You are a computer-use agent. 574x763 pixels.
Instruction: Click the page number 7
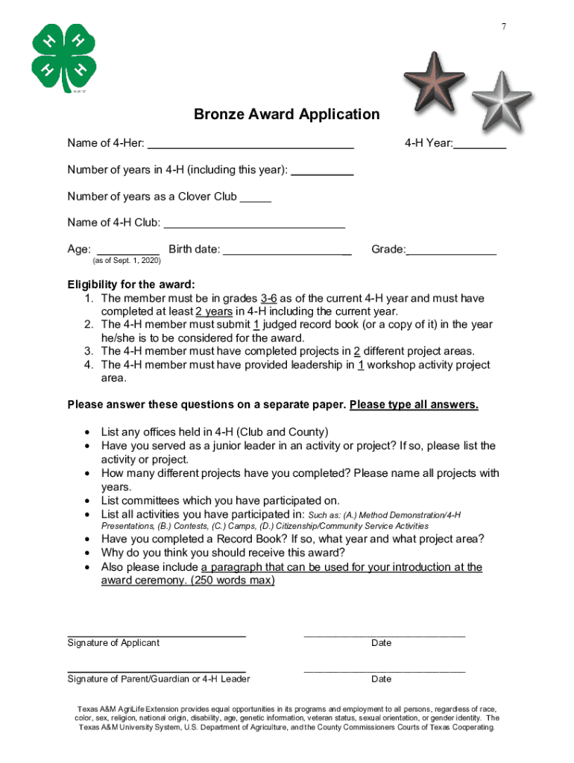point(504,27)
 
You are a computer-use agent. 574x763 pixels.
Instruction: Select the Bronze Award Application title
point(286,114)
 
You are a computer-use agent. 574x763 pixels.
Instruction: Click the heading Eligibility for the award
point(131,285)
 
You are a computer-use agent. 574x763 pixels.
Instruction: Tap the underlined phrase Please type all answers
point(414,405)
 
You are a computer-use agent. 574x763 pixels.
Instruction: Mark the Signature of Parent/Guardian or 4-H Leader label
point(159,679)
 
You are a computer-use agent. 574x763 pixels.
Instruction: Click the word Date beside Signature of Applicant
point(381,643)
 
